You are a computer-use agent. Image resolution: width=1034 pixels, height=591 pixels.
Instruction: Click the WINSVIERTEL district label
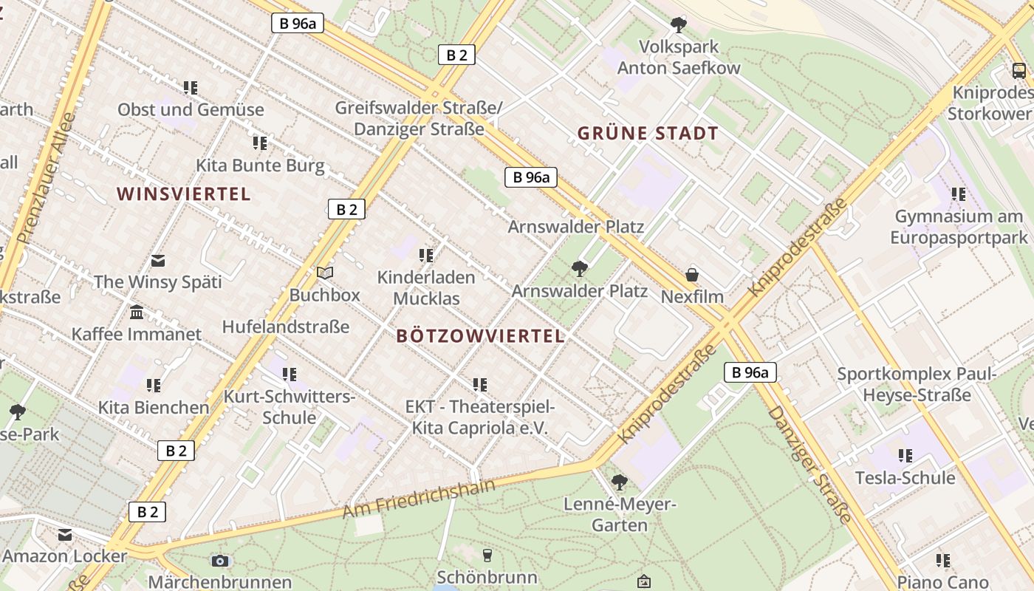[x=184, y=194]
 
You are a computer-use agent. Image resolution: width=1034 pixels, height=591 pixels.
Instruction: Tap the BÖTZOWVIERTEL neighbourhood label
[x=480, y=336]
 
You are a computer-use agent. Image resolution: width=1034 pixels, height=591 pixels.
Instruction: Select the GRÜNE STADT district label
[x=648, y=134]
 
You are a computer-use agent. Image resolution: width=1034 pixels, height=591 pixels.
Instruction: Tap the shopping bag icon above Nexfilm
[x=692, y=275]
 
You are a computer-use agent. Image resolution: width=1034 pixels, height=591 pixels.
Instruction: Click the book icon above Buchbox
[x=325, y=273]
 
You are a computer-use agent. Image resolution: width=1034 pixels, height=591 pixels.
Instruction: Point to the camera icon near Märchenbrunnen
[x=219, y=561]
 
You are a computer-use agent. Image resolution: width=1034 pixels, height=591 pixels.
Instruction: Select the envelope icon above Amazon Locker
[x=65, y=535]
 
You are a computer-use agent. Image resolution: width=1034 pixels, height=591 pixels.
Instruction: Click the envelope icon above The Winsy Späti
[x=158, y=260]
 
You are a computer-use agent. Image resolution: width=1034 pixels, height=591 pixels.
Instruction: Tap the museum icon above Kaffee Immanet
[x=137, y=312]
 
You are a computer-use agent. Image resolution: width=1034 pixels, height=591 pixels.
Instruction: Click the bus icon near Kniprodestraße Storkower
[x=1019, y=71]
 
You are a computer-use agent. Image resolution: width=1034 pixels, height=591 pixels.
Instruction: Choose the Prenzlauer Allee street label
[x=47, y=178]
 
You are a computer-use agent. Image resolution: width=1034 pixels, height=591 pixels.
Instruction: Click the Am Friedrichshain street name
[x=418, y=498]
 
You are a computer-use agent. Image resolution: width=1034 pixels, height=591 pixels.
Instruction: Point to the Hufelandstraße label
[x=286, y=327]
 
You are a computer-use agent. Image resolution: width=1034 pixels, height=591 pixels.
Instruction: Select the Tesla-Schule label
[x=905, y=478]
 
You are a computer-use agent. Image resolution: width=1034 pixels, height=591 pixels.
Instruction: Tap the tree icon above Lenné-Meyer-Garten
[x=619, y=483]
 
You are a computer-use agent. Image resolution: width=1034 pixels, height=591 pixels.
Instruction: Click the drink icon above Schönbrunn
[x=487, y=555]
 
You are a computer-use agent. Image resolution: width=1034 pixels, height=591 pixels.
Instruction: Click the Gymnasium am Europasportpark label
[x=959, y=227]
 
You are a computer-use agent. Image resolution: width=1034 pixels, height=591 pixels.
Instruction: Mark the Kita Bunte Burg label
[x=260, y=165]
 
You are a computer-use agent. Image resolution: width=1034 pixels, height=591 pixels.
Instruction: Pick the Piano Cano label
[x=942, y=581]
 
